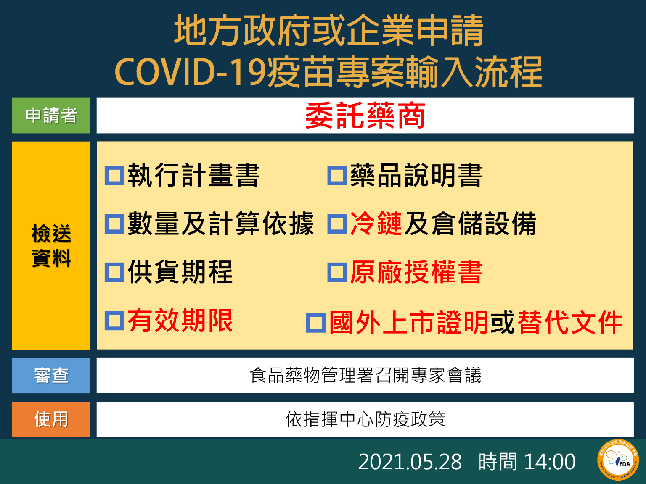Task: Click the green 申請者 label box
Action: [x=51, y=116]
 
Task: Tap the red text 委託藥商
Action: [x=365, y=116]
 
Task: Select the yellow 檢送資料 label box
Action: [x=51, y=246]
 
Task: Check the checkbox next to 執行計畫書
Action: [x=114, y=176]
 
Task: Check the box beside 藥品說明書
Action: [x=337, y=176]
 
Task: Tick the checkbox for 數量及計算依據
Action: [x=114, y=224]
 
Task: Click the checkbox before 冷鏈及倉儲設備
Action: [x=337, y=224]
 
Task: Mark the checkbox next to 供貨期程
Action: [x=114, y=272]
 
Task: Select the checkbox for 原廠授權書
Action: [x=337, y=272]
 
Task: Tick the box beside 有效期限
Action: [x=114, y=321]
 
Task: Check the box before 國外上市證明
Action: [x=316, y=323]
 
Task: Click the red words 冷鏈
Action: [x=376, y=224]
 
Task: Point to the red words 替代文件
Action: [x=569, y=323]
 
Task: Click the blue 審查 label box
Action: [x=51, y=375]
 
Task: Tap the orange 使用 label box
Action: [x=51, y=419]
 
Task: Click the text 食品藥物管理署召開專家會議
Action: [x=365, y=375]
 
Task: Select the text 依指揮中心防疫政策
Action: [x=365, y=419]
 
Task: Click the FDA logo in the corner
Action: [x=618, y=460]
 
